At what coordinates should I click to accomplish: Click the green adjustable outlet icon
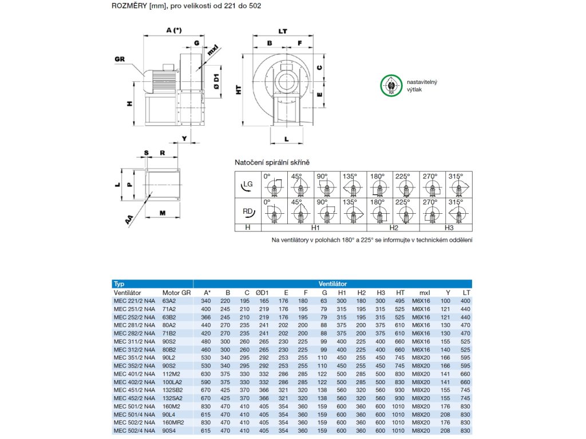tap(391, 86)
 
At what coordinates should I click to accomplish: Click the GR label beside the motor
tap(119, 59)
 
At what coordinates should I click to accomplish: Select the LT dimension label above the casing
tap(283, 31)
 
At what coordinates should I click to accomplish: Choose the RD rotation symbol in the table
tap(247, 211)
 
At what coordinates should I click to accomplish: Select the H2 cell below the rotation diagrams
tap(393, 228)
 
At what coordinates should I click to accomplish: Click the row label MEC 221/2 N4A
tap(134, 301)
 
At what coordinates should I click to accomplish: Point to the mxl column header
tap(424, 293)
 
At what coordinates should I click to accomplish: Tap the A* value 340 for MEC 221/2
tap(206, 301)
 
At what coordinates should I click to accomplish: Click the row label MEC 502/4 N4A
tap(134, 430)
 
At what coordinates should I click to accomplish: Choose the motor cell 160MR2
tap(174, 422)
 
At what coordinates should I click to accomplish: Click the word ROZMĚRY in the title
tap(129, 5)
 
